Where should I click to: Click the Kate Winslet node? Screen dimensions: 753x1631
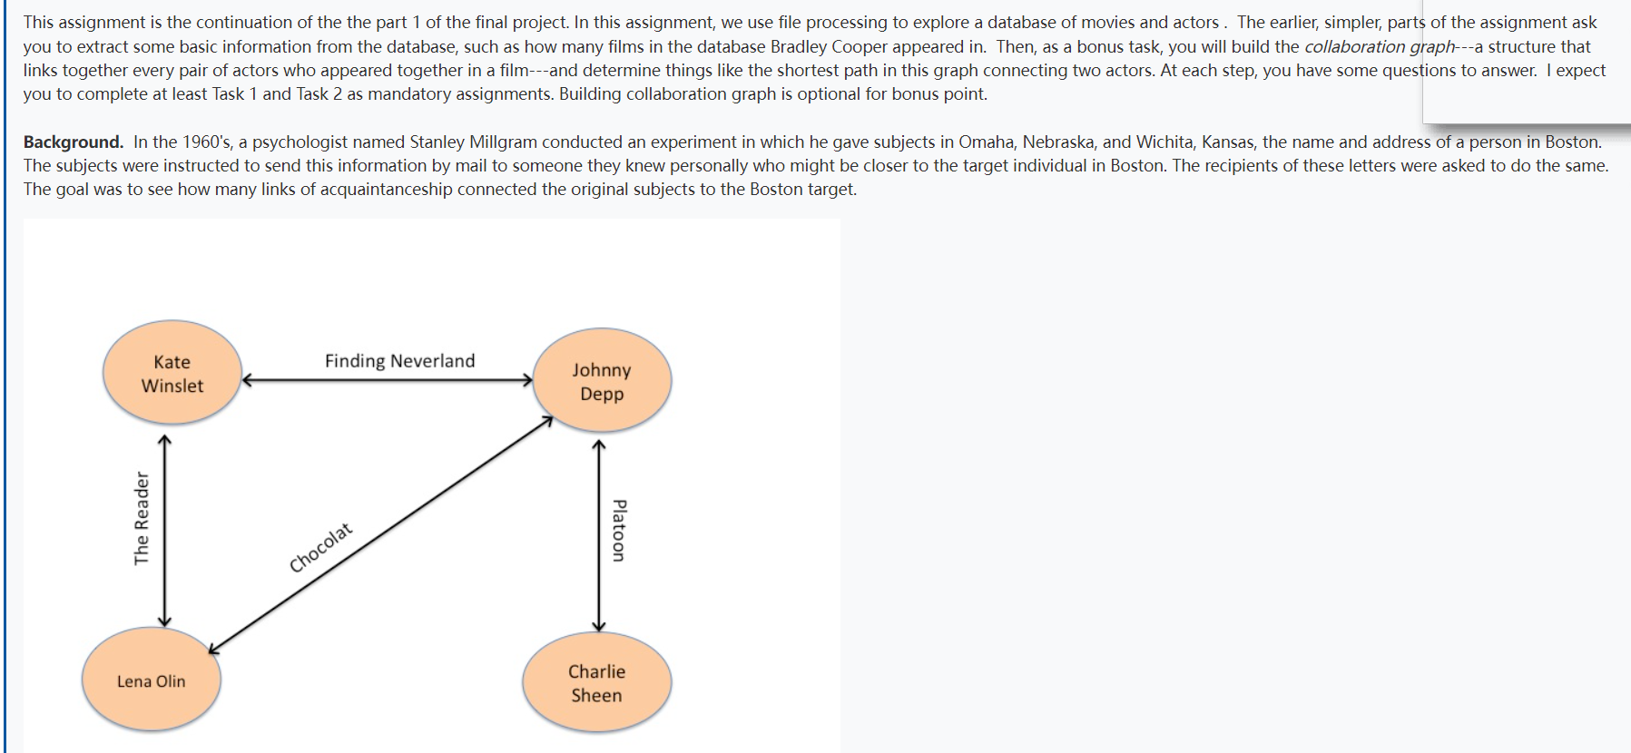click(x=172, y=373)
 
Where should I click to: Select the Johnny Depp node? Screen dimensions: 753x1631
click(x=602, y=381)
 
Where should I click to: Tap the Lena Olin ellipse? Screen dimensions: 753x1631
click(x=152, y=680)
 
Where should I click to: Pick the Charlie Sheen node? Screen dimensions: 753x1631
click(x=596, y=683)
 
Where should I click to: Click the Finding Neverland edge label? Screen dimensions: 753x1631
click(x=399, y=361)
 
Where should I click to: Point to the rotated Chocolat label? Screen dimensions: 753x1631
click(x=320, y=548)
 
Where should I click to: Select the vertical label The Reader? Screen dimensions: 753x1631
click(x=142, y=518)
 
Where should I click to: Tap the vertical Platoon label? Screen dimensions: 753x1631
click(x=619, y=531)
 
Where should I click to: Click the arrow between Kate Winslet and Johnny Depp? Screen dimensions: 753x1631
click(x=387, y=380)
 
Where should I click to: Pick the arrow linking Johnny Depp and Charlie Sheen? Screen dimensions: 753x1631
click(x=598, y=535)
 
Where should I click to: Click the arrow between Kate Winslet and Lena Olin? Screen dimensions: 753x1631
click(x=164, y=531)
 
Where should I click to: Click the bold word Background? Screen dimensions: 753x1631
click(x=73, y=142)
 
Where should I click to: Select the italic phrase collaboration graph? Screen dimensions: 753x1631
click(x=1379, y=46)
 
